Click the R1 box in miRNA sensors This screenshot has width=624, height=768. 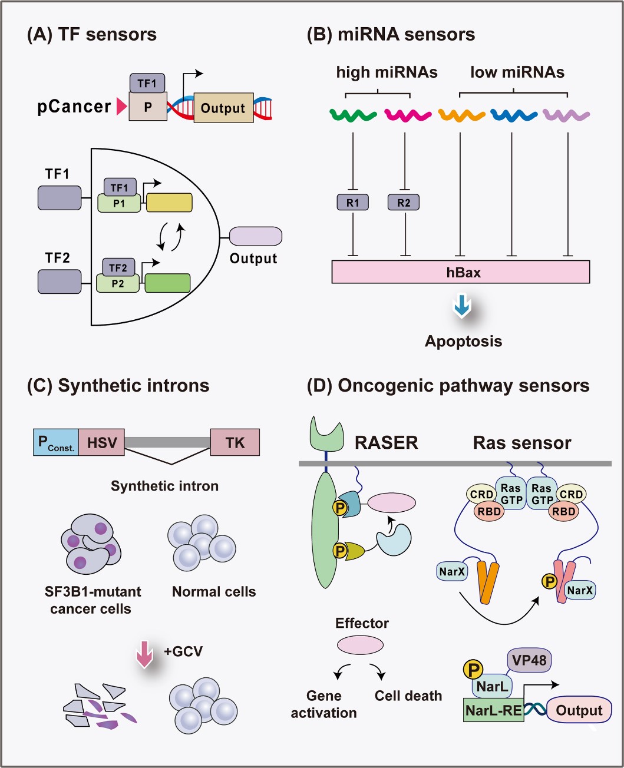pyautogui.click(x=353, y=203)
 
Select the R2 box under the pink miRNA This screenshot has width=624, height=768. pyautogui.click(x=404, y=203)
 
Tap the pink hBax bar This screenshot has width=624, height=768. pyautogui.click(x=461, y=272)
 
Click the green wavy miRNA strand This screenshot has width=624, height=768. pyautogui.click(x=353, y=115)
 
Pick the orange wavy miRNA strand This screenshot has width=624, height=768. pyautogui.click(x=461, y=115)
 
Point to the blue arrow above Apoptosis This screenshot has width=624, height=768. pyautogui.click(x=463, y=305)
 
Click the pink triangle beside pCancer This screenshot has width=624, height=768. pyautogui.click(x=121, y=107)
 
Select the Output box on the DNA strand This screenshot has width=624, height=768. pyautogui.click(x=223, y=108)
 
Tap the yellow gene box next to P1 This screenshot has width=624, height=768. pyautogui.click(x=169, y=203)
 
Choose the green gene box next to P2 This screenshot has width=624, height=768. pyautogui.click(x=167, y=283)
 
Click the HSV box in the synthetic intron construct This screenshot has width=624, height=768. pyautogui.click(x=101, y=443)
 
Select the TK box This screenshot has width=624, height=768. pyautogui.click(x=235, y=443)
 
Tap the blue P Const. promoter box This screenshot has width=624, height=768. pyautogui.click(x=56, y=443)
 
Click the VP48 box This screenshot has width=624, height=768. pyautogui.click(x=529, y=660)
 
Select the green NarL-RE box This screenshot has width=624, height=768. pyautogui.click(x=493, y=710)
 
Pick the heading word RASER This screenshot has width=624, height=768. pyautogui.click(x=386, y=443)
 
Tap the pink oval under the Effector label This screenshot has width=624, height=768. pyautogui.click(x=360, y=645)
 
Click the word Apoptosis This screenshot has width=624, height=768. pyautogui.click(x=463, y=342)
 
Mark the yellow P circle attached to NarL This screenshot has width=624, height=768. pyautogui.click(x=473, y=669)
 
